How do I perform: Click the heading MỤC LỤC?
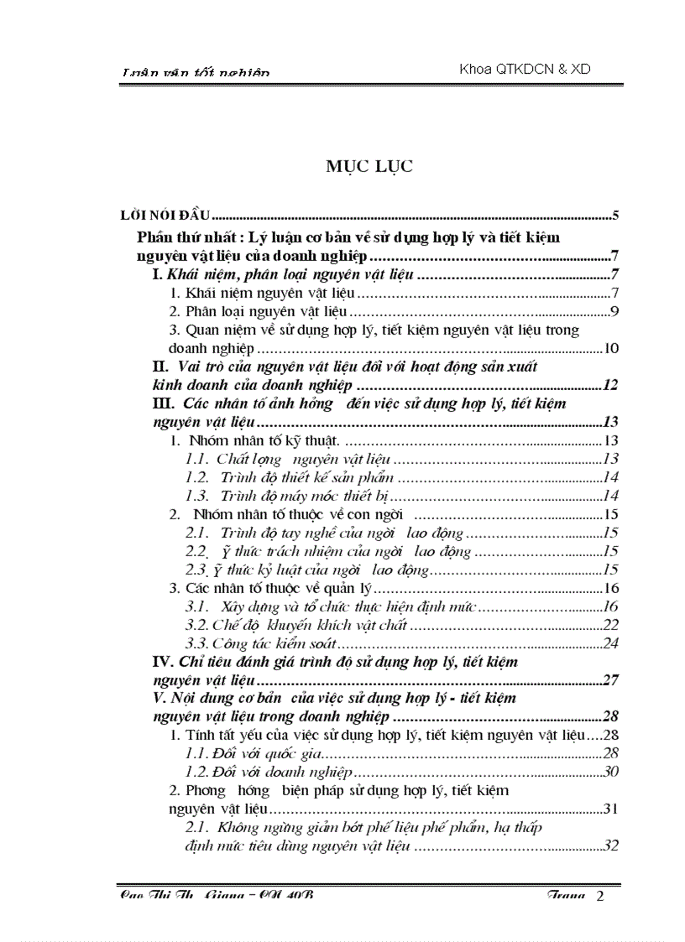(369, 167)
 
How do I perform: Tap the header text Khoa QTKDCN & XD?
(525, 70)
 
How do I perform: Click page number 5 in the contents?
(615, 216)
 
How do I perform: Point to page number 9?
(614, 312)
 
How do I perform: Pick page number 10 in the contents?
(611, 349)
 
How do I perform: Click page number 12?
(610, 385)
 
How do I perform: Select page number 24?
(610, 643)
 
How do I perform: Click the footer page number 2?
(599, 897)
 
